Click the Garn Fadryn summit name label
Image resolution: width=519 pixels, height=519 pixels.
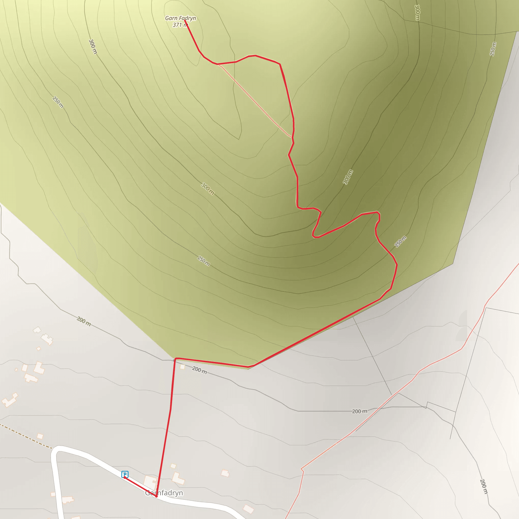click(x=180, y=18)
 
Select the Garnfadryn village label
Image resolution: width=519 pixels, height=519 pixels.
click(x=164, y=493)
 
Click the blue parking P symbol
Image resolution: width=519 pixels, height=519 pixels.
click(x=125, y=474)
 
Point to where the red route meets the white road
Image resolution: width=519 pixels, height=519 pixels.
click(x=156, y=496)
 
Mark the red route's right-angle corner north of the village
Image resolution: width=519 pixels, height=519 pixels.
click(x=175, y=359)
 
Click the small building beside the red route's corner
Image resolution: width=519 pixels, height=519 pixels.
click(x=182, y=367)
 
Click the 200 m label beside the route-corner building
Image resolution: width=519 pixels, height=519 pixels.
click(x=199, y=370)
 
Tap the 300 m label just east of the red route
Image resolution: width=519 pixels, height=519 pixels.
click(x=348, y=177)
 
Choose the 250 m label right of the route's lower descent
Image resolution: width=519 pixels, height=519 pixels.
click(x=400, y=241)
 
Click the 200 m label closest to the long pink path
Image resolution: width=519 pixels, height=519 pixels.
click(x=359, y=411)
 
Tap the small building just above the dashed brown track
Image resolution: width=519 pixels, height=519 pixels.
click(x=40, y=436)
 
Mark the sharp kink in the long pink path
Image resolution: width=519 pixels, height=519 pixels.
click(x=302, y=469)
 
